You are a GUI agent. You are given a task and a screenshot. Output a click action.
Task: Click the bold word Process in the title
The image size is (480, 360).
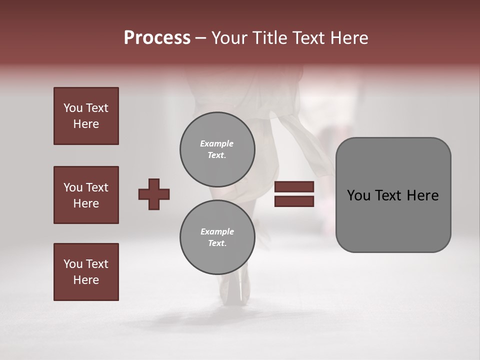(x=157, y=38)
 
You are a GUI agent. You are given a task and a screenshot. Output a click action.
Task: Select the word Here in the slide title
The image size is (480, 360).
(x=348, y=38)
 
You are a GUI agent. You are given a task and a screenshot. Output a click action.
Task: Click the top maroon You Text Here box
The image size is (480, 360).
(x=86, y=116)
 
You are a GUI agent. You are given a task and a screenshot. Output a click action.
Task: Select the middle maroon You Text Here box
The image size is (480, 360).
(x=86, y=195)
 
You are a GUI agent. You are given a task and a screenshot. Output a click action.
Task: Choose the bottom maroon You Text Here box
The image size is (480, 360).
(x=86, y=272)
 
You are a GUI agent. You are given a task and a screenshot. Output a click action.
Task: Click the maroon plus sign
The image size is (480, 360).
(x=154, y=194)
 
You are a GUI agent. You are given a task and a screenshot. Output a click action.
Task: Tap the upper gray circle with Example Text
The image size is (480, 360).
(x=217, y=149)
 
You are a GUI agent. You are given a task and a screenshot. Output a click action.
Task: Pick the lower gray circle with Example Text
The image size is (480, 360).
(x=217, y=237)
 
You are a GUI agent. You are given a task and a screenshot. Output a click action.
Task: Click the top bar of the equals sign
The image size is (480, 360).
(x=294, y=186)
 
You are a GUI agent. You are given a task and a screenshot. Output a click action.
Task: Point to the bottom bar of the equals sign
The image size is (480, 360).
(x=294, y=201)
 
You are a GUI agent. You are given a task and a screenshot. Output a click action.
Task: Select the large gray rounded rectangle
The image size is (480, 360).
(x=393, y=220)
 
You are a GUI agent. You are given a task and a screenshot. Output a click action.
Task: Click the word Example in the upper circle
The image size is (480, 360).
(x=216, y=143)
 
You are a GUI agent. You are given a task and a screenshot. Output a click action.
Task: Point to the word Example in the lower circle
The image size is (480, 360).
(x=217, y=231)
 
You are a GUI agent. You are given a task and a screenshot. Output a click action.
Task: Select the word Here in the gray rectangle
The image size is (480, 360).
(x=422, y=195)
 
